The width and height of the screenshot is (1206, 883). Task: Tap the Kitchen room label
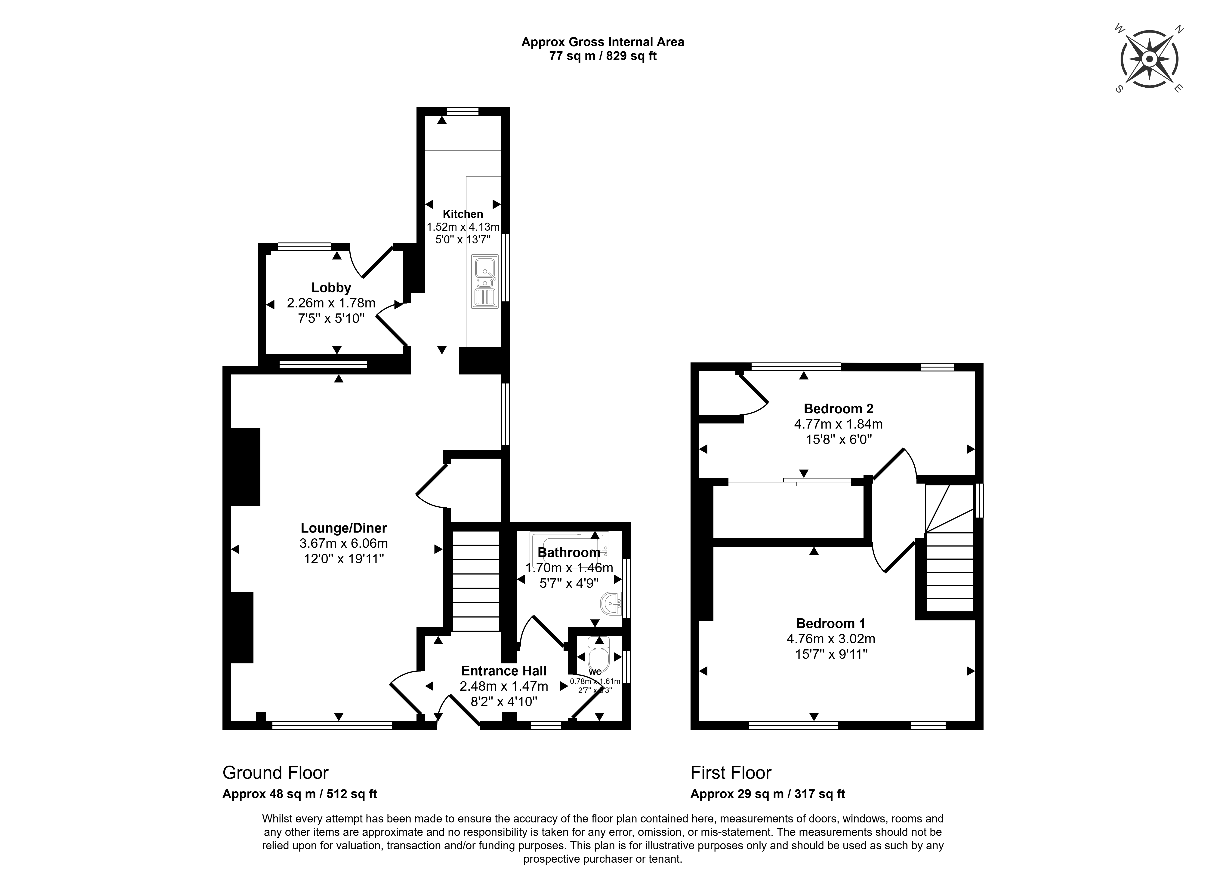(x=463, y=214)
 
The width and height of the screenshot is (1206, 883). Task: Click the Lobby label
(x=331, y=288)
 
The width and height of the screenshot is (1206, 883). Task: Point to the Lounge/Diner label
(x=344, y=528)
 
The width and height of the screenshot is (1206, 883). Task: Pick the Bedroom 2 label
(x=839, y=409)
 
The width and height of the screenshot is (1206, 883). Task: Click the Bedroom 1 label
(x=831, y=623)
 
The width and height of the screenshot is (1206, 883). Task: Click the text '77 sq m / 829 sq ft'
(x=603, y=55)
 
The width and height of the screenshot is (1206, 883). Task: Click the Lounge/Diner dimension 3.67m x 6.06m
(x=344, y=544)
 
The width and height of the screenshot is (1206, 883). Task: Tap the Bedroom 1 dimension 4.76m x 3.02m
(x=831, y=639)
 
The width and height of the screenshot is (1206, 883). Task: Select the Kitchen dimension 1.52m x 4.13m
(x=463, y=227)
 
